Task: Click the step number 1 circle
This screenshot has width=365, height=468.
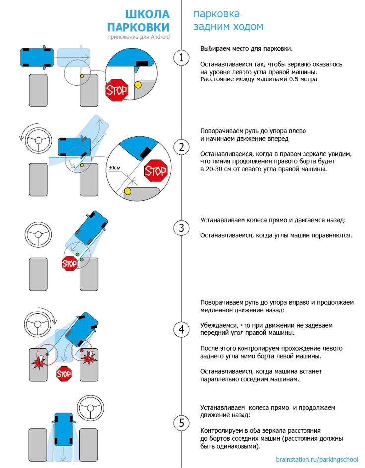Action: [x=182, y=58]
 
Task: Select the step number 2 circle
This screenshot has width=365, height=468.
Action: [x=182, y=147]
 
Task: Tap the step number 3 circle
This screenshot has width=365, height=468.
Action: [x=182, y=228]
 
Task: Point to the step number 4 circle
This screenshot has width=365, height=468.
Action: [x=182, y=329]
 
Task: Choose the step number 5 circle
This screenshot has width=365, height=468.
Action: [x=182, y=423]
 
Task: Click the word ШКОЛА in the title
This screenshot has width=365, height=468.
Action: [x=147, y=14]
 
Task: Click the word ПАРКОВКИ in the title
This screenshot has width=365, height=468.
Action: [x=138, y=27]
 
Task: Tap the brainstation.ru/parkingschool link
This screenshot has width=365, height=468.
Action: [x=316, y=459]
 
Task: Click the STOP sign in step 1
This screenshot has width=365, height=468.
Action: [x=117, y=90]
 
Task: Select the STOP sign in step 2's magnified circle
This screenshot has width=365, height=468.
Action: [x=155, y=172]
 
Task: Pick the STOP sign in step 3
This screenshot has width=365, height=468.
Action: [x=70, y=264]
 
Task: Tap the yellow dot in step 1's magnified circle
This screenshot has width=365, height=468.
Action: [x=138, y=85]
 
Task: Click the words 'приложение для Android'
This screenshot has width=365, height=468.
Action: [x=138, y=37]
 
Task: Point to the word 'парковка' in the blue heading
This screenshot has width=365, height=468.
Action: [x=217, y=14]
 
